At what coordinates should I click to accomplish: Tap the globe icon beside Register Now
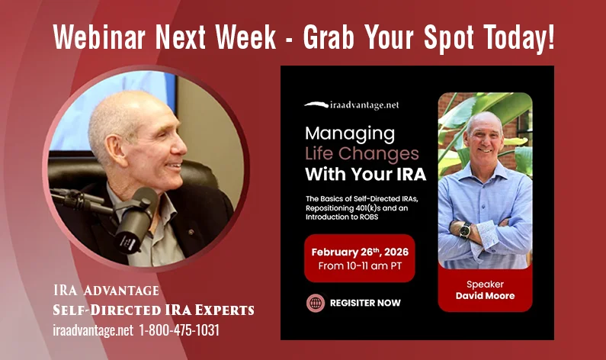pyautogui.click(x=315, y=303)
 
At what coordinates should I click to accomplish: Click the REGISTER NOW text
pyautogui.click(x=365, y=303)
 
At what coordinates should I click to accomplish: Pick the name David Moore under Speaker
pyautogui.click(x=485, y=295)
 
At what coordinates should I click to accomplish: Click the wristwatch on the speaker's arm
pyautogui.click(x=465, y=229)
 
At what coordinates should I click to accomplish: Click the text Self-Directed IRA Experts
pyautogui.click(x=154, y=310)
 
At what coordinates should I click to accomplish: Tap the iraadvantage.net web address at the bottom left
pyautogui.click(x=94, y=329)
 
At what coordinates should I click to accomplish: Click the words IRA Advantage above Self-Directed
pyautogui.click(x=106, y=290)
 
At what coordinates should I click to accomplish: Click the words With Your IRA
pyautogui.click(x=365, y=174)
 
